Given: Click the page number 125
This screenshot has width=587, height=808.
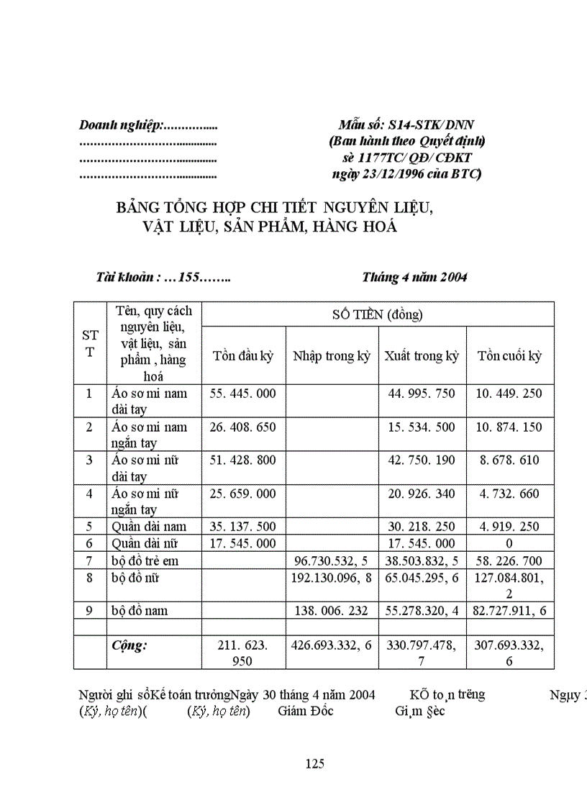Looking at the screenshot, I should (315, 763).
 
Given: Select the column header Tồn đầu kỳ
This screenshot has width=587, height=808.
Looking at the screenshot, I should (243, 356).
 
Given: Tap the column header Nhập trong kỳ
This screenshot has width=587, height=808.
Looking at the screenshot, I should (332, 356).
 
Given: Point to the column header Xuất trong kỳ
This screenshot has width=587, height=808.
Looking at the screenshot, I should (422, 356).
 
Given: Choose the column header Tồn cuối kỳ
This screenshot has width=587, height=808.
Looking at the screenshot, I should (510, 356).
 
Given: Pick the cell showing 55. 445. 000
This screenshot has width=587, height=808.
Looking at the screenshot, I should (243, 394).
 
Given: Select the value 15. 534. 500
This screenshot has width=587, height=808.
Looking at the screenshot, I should (422, 427).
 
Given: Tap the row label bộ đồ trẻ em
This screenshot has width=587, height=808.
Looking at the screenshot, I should (145, 560).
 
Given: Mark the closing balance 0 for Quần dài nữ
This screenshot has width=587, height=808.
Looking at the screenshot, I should (510, 544).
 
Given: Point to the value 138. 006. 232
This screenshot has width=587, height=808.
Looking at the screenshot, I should (332, 610).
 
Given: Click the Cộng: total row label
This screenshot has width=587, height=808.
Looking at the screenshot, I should (129, 645).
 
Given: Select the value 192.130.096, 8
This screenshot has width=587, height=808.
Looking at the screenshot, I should (332, 577).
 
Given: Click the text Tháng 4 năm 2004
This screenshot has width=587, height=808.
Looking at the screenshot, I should (414, 277).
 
